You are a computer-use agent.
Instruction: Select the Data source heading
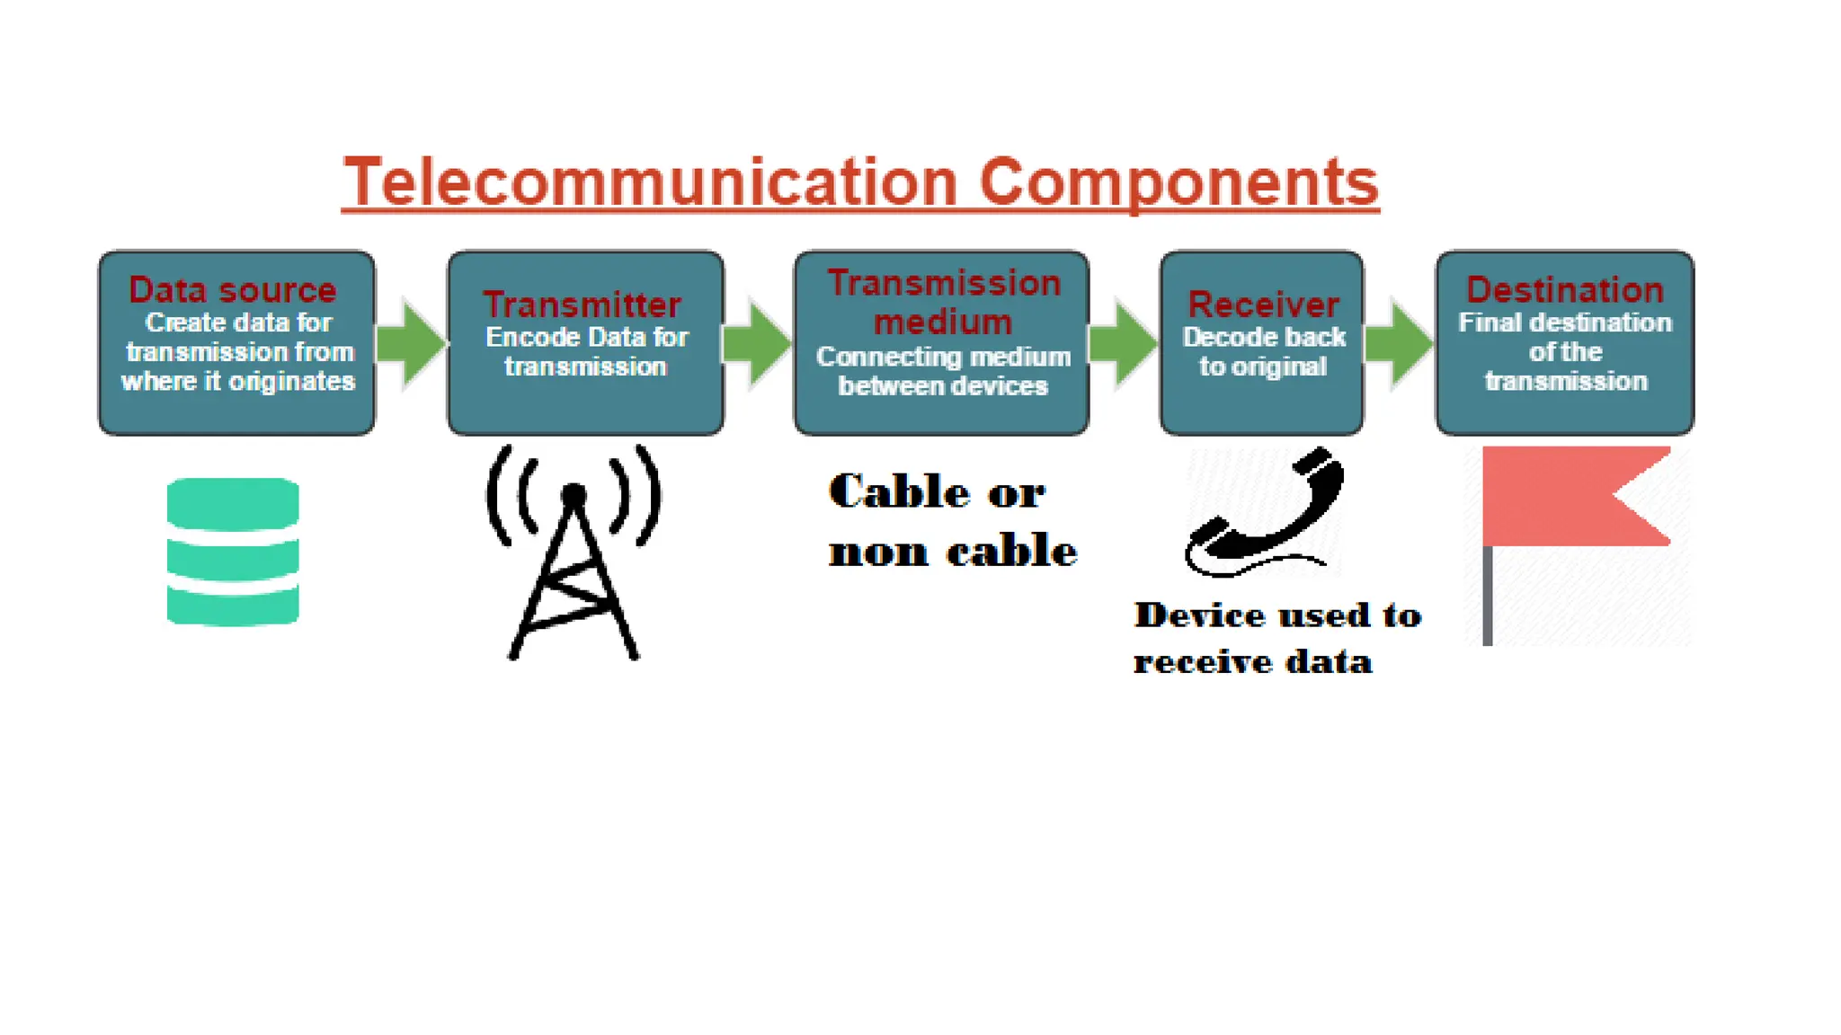(232, 290)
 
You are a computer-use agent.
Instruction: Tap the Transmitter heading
(582, 305)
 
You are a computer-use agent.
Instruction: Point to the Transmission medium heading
(943, 302)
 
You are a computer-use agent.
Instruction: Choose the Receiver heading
(1263, 305)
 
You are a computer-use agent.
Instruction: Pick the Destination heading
(1565, 290)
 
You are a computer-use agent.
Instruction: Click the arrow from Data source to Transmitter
(411, 343)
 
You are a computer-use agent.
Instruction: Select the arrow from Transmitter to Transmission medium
(757, 344)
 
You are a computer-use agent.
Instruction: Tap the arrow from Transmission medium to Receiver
(1123, 344)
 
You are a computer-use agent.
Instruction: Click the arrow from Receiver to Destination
(1399, 344)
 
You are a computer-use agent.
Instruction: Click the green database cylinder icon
(233, 552)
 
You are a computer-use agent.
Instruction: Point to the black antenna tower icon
(574, 553)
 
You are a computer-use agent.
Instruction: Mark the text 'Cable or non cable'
(951, 521)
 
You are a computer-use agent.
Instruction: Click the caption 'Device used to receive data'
(1276, 638)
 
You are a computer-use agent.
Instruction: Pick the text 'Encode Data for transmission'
(586, 351)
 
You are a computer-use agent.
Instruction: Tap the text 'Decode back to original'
(1263, 351)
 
